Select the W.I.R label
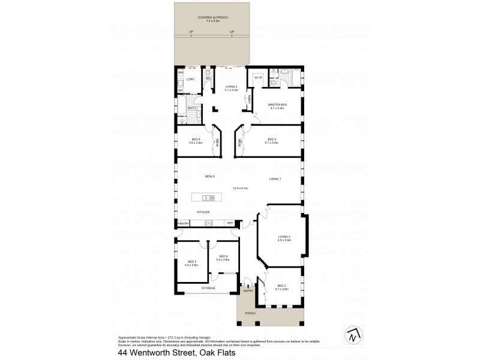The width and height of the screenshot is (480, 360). pyautogui.click(x=258, y=77)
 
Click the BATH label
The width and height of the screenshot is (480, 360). pyautogui.click(x=191, y=108)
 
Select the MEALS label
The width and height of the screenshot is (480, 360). pyautogui.click(x=209, y=176)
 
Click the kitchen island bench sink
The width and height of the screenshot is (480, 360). pyautogui.click(x=206, y=197)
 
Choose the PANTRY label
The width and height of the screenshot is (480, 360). pyautogui.click(x=183, y=224)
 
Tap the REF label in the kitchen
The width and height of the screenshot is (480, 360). pyautogui.click(x=230, y=224)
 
